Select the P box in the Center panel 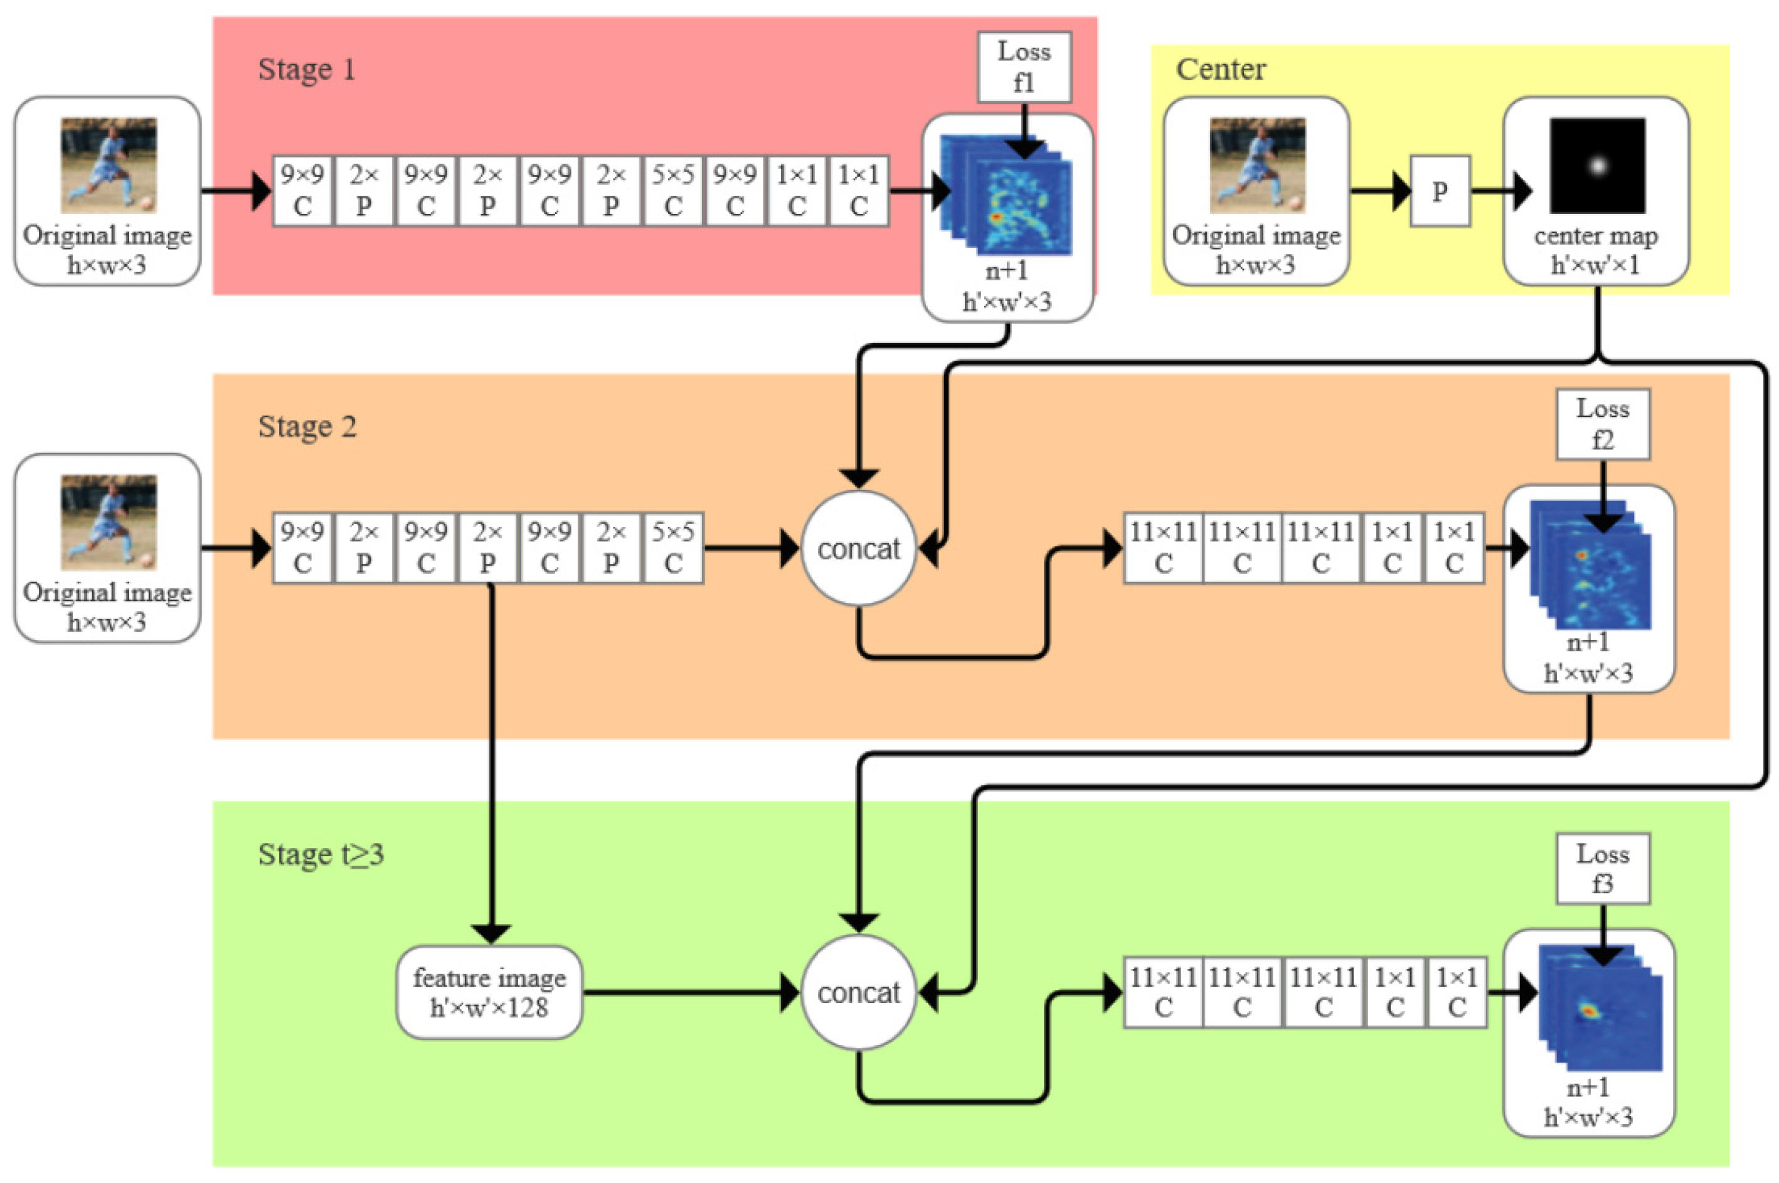[x=1440, y=191]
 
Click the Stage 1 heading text [x=306, y=70]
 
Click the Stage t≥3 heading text [x=321, y=855]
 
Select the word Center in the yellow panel [x=1220, y=70]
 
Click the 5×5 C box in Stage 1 [x=673, y=191]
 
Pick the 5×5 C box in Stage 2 [x=673, y=548]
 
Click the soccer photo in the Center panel [x=1257, y=165]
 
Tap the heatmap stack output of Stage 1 [x=1006, y=194]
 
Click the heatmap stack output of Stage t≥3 [x=1599, y=1007]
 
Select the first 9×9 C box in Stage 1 [x=302, y=191]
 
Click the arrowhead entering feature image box [x=491, y=933]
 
